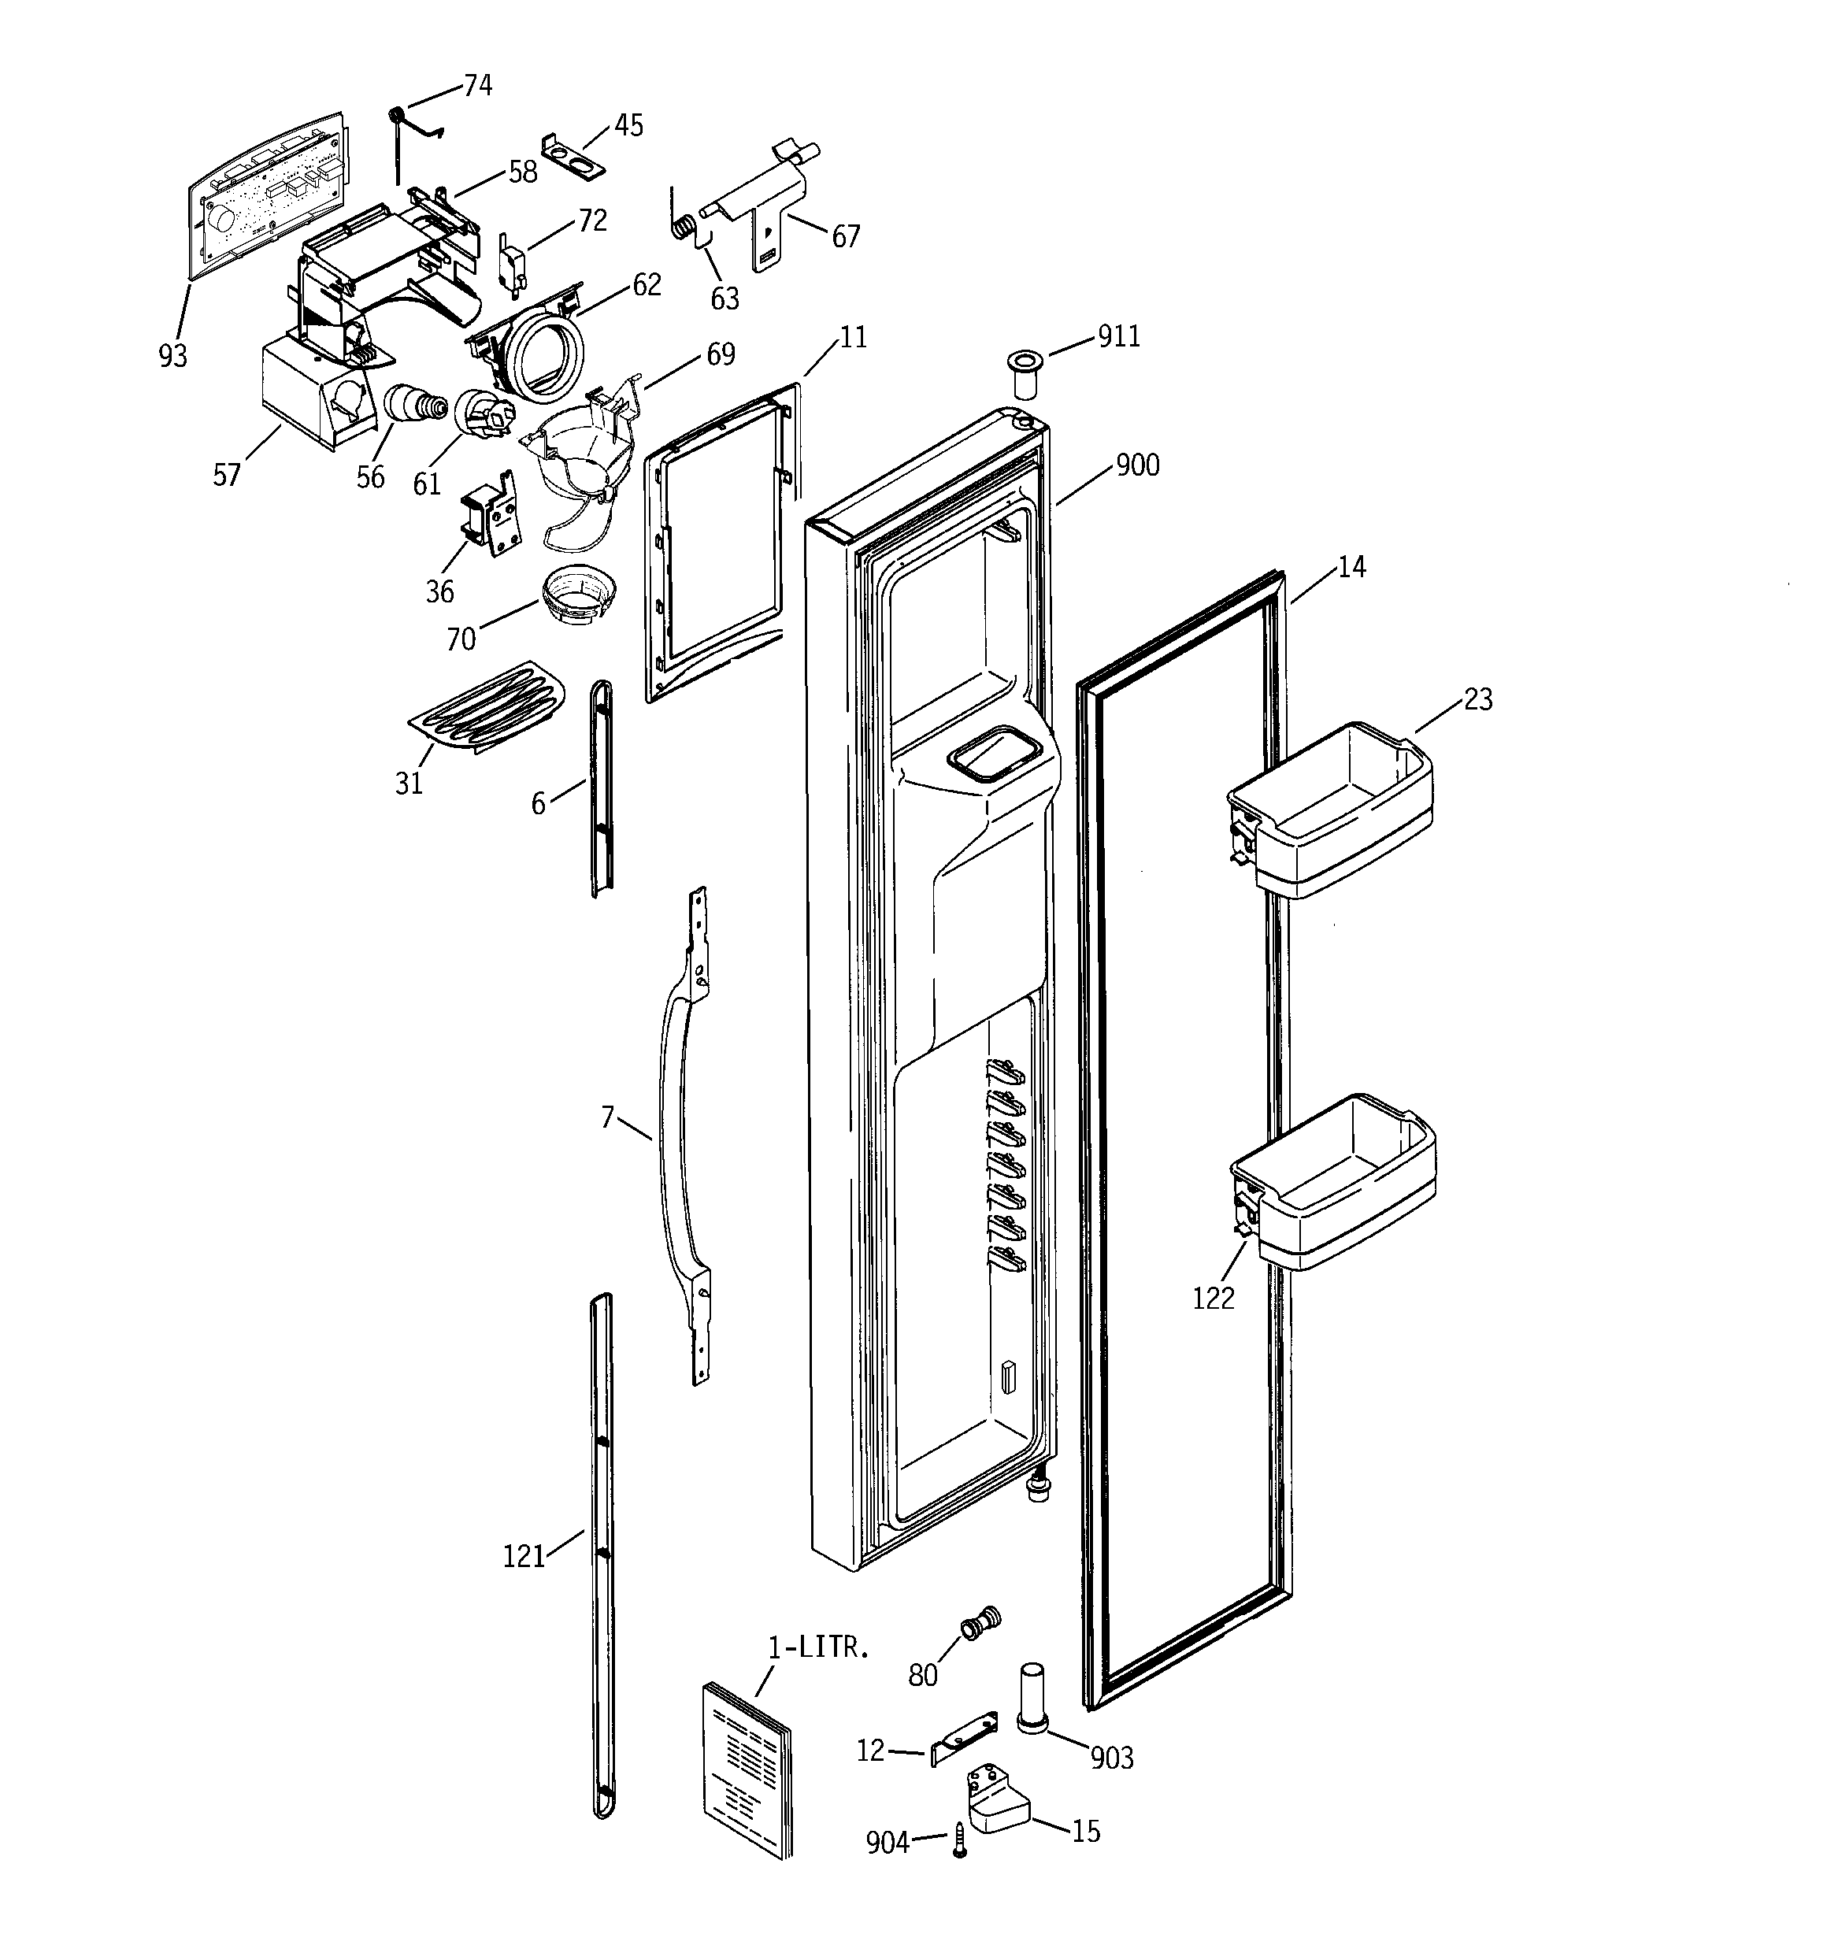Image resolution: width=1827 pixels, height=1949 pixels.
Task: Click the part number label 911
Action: tap(1118, 336)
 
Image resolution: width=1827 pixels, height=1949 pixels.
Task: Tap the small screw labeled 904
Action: tap(960, 1841)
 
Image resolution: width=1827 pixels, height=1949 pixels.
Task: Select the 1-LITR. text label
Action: tap(818, 1648)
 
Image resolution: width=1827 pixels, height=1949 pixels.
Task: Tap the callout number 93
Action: tap(172, 356)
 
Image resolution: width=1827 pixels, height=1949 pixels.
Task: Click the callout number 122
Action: tap(1213, 1298)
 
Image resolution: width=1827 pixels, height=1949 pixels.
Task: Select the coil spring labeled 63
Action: tap(684, 228)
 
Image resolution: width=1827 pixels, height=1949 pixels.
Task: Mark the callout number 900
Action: tap(1138, 465)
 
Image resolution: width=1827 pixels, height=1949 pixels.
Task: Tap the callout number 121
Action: tap(524, 1556)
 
